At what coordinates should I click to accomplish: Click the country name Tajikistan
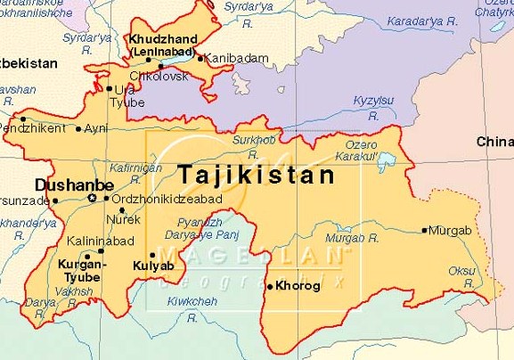(255, 174)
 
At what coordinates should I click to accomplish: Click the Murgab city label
(450, 230)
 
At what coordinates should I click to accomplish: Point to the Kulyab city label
(151, 266)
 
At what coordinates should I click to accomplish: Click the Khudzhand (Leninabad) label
(161, 46)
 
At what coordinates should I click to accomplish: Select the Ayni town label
(95, 128)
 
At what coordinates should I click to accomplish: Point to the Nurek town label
(123, 218)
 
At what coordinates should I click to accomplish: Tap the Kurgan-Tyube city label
(82, 271)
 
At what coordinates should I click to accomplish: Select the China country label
(495, 142)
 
